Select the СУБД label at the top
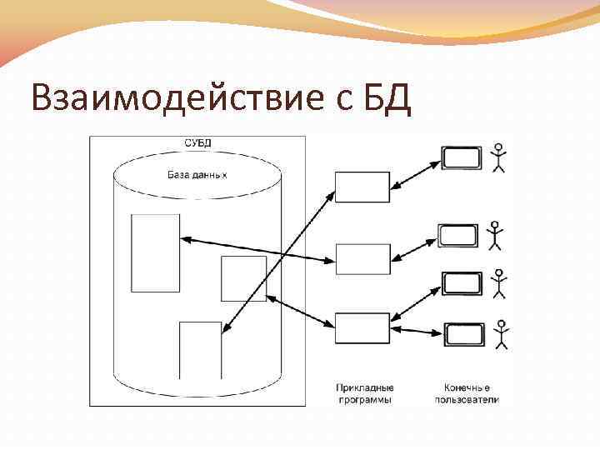197,142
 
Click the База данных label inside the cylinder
197,176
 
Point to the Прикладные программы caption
364,394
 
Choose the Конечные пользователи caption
467,394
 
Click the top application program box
362,187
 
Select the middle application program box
362,259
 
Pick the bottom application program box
362,327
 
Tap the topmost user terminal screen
462,157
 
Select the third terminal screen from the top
462,283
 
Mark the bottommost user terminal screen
463,335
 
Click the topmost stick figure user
499,157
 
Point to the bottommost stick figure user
501,334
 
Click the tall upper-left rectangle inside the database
156,252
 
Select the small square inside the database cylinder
243,278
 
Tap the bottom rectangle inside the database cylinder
201,350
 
